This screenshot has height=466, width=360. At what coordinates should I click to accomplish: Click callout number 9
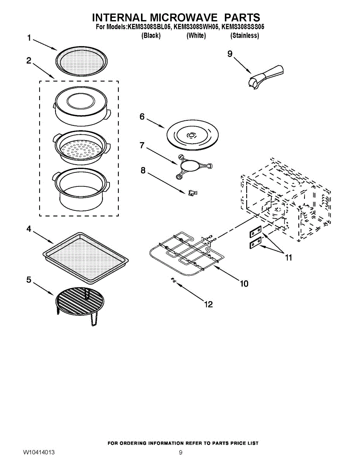(x=230, y=54)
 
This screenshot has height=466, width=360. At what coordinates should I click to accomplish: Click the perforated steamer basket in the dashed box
(x=81, y=148)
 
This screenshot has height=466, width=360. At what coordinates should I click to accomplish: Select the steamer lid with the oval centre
(x=81, y=104)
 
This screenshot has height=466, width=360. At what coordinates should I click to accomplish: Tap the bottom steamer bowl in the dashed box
(x=81, y=188)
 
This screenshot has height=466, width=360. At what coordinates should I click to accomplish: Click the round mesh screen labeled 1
(x=82, y=61)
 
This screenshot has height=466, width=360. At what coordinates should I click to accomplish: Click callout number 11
(x=289, y=257)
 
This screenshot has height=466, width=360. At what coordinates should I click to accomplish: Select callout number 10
(x=244, y=284)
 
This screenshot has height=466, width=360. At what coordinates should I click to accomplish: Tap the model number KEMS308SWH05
(x=196, y=27)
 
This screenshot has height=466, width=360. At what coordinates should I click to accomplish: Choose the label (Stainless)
(x=245, y=36)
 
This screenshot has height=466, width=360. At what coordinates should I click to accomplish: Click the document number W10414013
(x=38, y=453)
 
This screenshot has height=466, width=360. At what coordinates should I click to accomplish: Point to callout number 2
(x=29, y=60)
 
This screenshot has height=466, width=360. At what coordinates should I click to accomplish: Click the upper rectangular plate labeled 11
(x=255, y=233)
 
